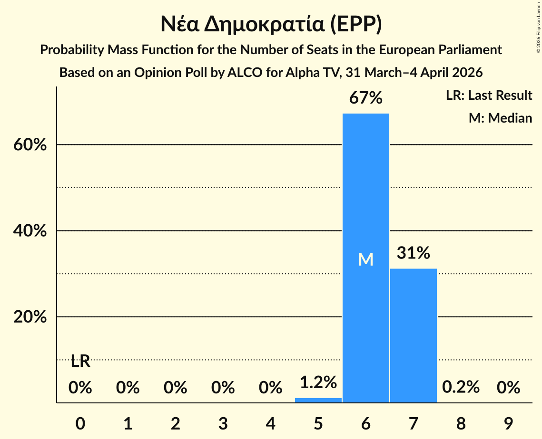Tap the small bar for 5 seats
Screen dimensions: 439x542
[318, 400]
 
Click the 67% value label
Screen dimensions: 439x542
[365, 98]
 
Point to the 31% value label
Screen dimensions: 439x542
[413, 253]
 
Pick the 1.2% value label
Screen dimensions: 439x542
[318, 382]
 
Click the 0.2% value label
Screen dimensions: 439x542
[460, 387]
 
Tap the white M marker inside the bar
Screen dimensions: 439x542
[365, 259]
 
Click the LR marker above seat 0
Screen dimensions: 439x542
[80, 361]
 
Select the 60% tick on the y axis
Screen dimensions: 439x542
[30, 145]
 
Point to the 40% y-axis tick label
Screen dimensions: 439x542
[30, 231]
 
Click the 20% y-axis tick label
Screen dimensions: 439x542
[30, 317]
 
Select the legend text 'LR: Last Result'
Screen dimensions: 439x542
[489, 95]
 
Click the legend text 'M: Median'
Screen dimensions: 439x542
[500, 118]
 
